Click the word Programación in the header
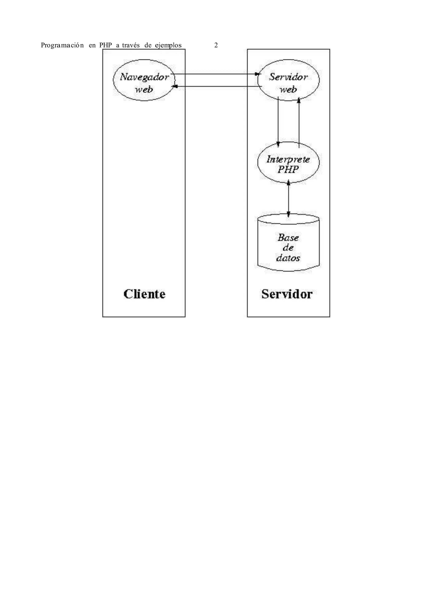click(62, 46)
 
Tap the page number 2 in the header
click(216, 46)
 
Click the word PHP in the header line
click(105, 46)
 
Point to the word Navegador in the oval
click(144, 77)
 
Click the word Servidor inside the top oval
click(288, 77)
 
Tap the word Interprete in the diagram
click(288, 159)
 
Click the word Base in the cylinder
click(288, 237)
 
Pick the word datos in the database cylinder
click(288, 258)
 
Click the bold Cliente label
click(144, 294)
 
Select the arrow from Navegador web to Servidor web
click(216, 74)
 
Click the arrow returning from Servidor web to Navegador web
click(216, 86)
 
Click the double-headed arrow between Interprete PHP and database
click(288, 198)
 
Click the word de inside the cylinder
click(288, 248)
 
